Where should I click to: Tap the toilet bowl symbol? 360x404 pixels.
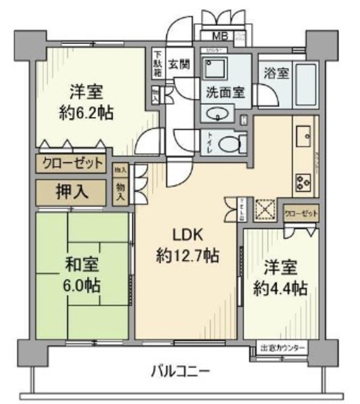click(228, 143)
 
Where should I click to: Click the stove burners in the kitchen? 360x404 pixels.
click(302, 181)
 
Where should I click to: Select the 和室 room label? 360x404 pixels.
click(82, 263)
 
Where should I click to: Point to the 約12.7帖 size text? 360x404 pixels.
click(187, 256)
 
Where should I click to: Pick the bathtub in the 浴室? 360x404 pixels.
click(306, 85)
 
